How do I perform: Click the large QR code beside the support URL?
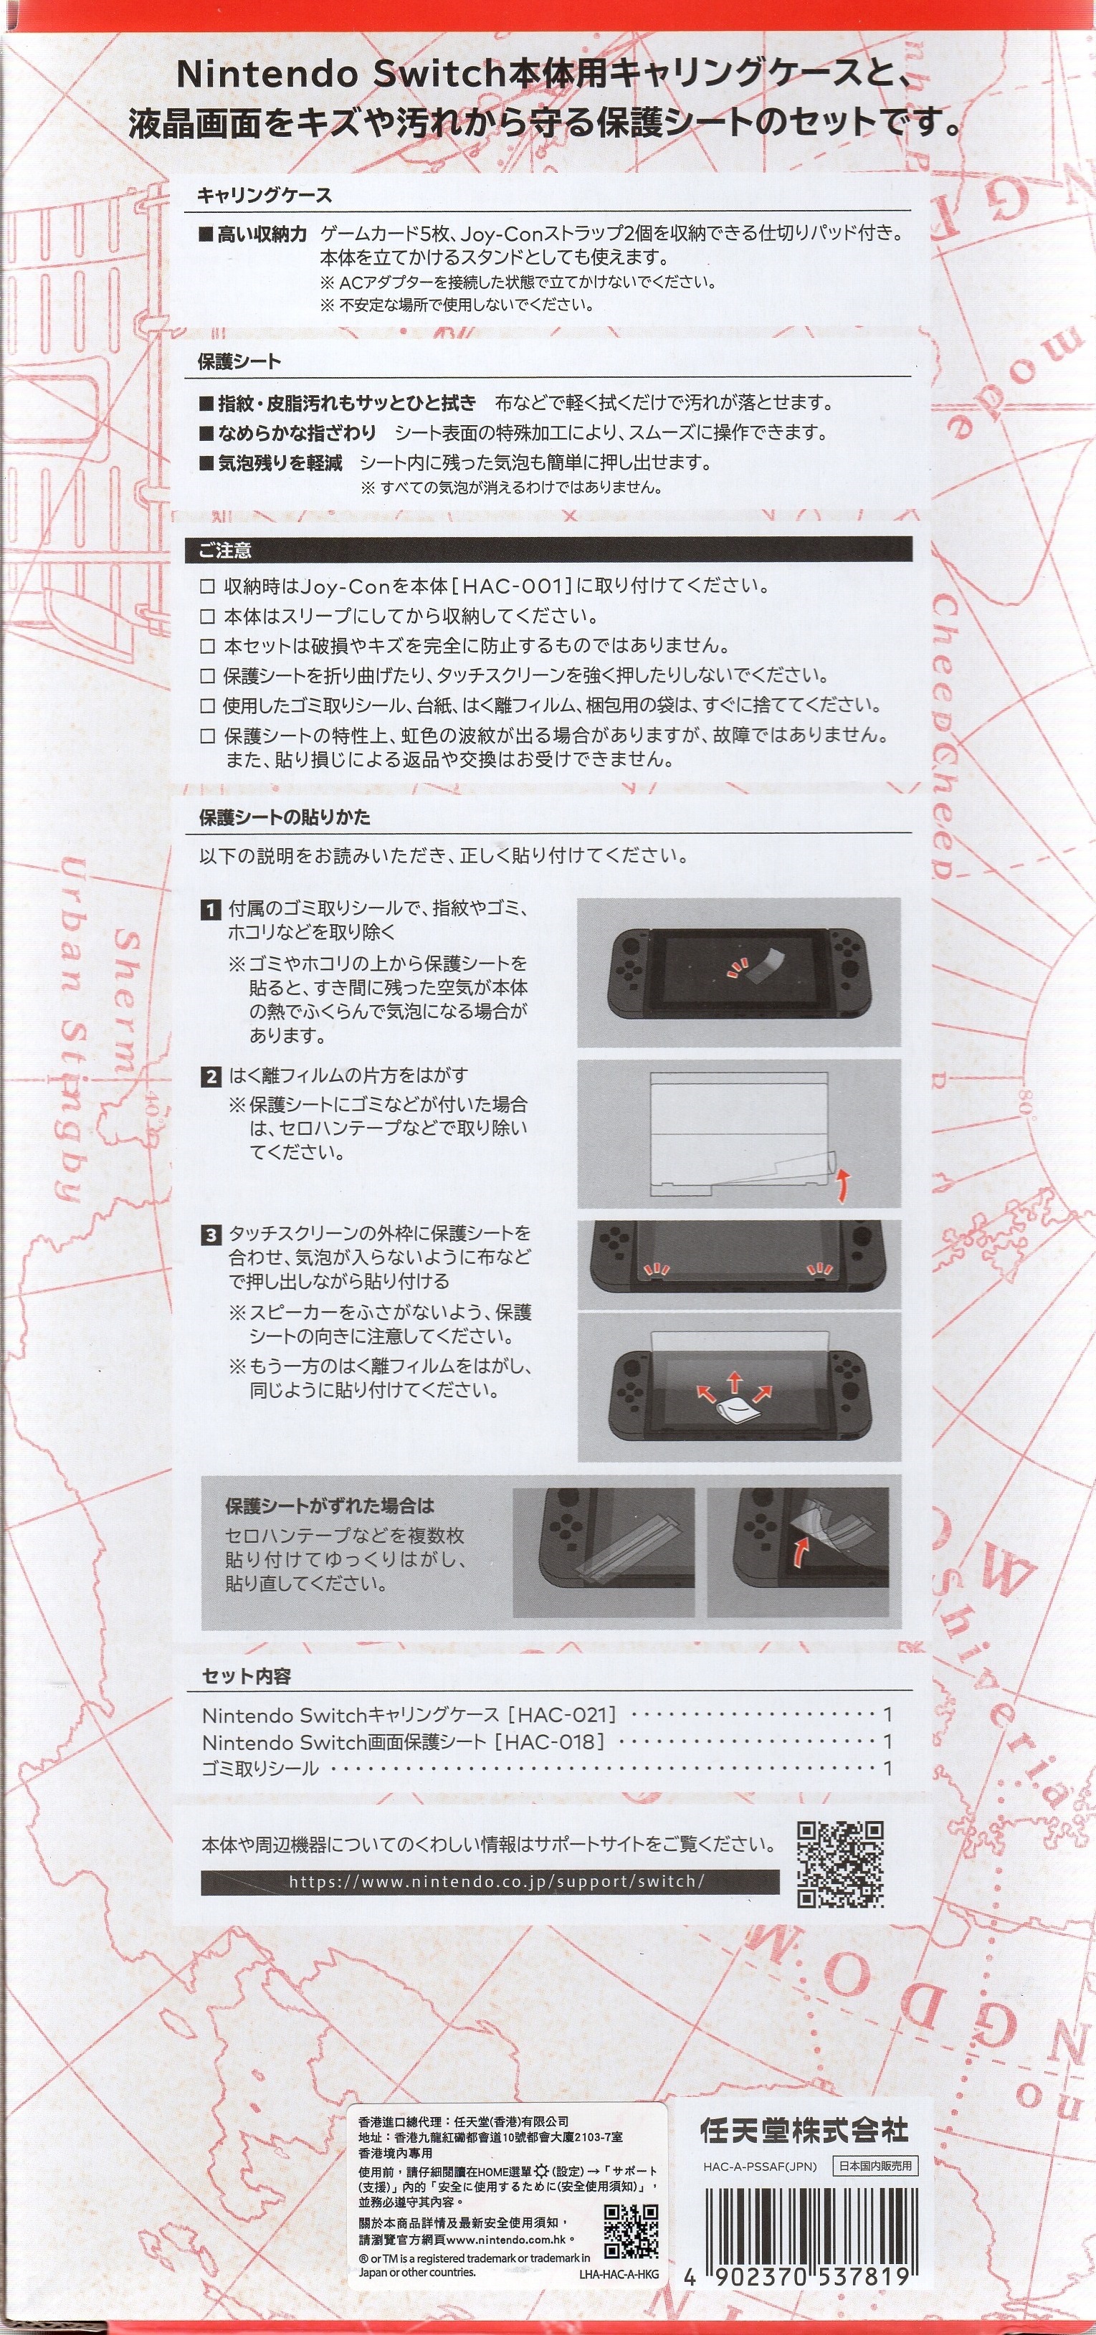point(840,1865)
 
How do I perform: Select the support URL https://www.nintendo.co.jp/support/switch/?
point(496,1881)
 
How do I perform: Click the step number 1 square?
point(210,909)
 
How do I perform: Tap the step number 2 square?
point(210,1076)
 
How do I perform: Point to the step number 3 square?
point(210,1235)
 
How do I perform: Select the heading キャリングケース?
point(265,195)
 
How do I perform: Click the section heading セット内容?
point(247,1676)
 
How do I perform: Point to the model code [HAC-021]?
point(562,1714)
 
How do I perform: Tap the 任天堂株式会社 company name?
point(804,2129)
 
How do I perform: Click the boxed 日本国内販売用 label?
point(875,2166)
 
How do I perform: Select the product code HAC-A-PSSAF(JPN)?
point(760,2167)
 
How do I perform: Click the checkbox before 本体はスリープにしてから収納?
point(208,617)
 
